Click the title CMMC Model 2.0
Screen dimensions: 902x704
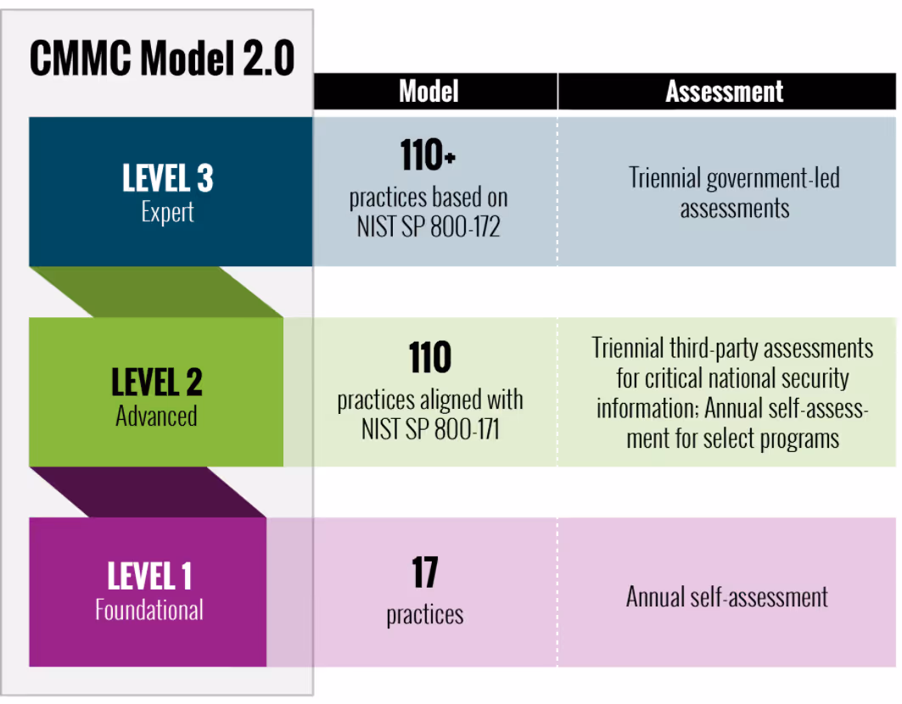coord(161,59)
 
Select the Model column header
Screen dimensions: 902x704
coord(429,92)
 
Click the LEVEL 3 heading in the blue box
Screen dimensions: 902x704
coord(168,178)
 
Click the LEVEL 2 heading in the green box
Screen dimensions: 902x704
coord(157,382)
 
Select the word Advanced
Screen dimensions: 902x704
coord(156,416)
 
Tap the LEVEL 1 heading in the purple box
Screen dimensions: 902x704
coord(149,577)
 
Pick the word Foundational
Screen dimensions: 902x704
coord(149,610)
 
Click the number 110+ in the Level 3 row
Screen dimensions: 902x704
coord(429,156)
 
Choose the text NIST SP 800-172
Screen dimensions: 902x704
coord(429,227)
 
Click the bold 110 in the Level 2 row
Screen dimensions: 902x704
coord(429,359)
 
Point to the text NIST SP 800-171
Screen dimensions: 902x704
coord(430,429)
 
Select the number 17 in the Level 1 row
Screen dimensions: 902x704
coord(424,573)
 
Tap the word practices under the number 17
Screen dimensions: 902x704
coord(425,614)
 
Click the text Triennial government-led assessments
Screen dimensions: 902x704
coord(734,193)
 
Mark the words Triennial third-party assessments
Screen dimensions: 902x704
coord(732,348)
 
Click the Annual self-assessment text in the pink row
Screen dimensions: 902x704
coord(727,596)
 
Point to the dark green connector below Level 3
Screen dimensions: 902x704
coord(161,293)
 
